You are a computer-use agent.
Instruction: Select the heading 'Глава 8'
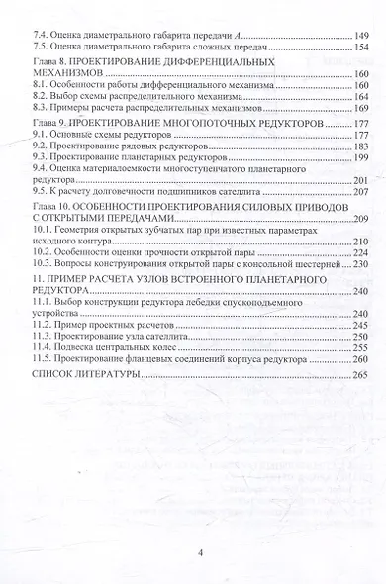52,61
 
